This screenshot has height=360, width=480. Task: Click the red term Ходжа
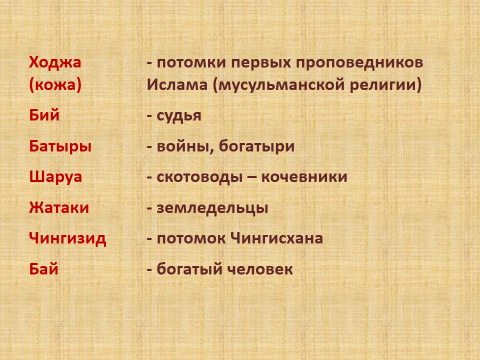55,63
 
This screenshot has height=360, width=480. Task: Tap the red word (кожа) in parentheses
55,85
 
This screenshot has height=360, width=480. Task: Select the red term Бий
44,115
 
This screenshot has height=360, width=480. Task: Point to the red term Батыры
60,146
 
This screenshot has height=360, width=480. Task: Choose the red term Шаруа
55,177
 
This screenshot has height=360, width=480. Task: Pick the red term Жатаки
59,208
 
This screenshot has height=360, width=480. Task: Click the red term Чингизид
68,239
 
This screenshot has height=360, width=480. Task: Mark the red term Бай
44,269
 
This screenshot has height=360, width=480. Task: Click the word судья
179,116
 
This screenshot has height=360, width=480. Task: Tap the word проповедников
360,63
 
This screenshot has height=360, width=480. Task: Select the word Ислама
177,85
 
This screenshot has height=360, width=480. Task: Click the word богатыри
257,147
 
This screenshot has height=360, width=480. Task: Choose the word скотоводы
199,177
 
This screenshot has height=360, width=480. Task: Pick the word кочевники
304,177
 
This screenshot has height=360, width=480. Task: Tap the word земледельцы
212,208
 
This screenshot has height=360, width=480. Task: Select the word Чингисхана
277,239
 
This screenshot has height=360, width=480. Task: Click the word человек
260,269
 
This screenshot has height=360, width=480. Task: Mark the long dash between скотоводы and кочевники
252,178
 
